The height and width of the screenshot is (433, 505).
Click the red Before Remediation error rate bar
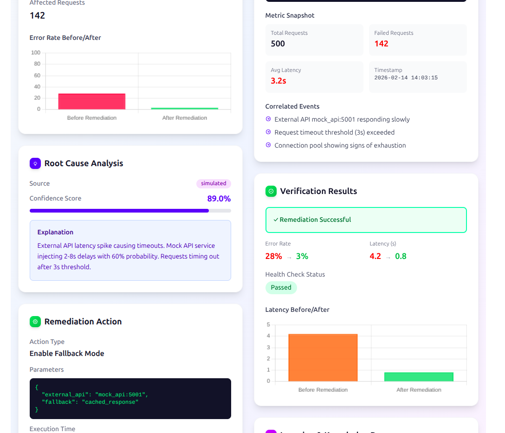tap(92, 102)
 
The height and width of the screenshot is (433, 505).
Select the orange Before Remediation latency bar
tap(323, 357)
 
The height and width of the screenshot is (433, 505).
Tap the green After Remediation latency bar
tap(419, 377)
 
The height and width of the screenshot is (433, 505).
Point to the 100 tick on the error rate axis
tap(36, 52)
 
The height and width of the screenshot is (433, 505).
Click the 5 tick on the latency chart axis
tap(268, 324)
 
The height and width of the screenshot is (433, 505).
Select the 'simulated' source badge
tap(214, 184)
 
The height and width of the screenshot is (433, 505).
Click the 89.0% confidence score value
tap(219, 199)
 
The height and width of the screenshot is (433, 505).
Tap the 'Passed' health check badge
tap(281, 288)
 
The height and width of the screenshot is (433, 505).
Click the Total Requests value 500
tap(278, 44)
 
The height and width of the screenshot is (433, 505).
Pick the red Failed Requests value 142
tap(382, 44)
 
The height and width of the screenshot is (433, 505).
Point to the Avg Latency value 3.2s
tap(278, 81)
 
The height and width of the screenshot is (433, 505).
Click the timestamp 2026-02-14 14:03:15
tap(406, 78)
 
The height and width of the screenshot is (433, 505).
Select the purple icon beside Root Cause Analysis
tap(35, 163)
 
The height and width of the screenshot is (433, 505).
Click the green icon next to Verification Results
tap(271, 191)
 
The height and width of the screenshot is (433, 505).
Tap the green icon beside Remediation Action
tap(35, 322)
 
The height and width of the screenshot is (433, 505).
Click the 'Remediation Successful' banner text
tap(315, 220)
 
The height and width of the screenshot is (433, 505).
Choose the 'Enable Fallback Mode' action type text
tap(67, 354)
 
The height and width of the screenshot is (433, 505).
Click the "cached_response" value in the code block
tap(110, 402)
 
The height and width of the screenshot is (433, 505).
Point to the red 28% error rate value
tap(273, 256)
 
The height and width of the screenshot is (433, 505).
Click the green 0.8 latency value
tap(401, 256)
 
